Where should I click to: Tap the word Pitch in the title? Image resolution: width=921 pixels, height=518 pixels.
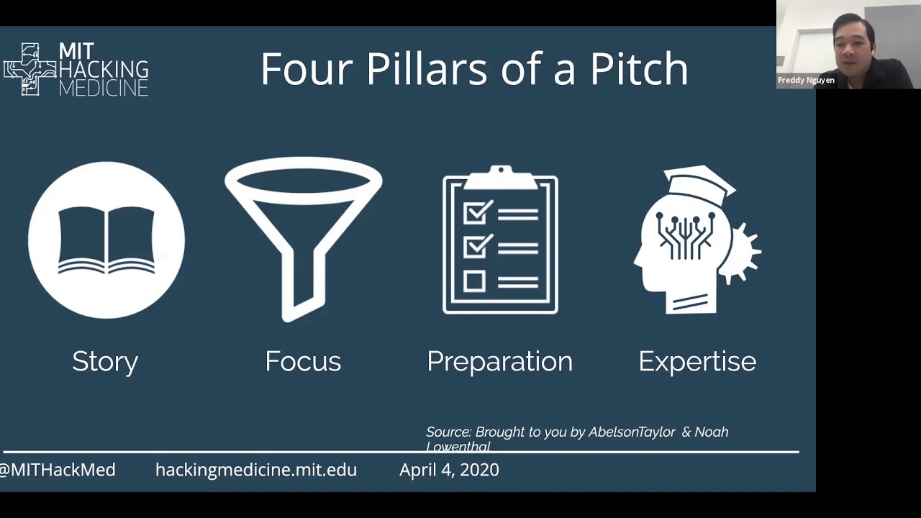point(640,68)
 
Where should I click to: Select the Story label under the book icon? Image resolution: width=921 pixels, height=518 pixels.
point(105,363)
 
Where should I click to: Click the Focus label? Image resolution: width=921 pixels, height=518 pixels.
point(303,361)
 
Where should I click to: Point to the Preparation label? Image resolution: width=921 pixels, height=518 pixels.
point(499,363)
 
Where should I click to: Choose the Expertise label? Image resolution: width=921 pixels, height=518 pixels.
point(697,363)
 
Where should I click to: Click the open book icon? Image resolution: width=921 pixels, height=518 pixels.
point(106,240)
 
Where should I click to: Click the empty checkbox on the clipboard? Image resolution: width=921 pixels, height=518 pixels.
point(474,281)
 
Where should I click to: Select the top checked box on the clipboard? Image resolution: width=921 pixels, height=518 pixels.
point(477,212)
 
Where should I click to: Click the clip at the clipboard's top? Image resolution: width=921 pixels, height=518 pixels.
point(500,177)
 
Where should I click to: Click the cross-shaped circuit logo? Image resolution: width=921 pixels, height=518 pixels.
point(30,70)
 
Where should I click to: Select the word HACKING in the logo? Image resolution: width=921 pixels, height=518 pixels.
point(104,70)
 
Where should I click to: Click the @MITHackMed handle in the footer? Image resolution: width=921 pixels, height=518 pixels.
point(57,470)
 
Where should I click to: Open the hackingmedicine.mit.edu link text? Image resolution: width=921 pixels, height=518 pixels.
point(256,470)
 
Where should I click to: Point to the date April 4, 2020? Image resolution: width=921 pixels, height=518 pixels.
point(449,470)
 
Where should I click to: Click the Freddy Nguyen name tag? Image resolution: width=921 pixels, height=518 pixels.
point(806,80)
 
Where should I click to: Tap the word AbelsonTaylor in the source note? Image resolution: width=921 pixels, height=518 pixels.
point(632,432)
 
